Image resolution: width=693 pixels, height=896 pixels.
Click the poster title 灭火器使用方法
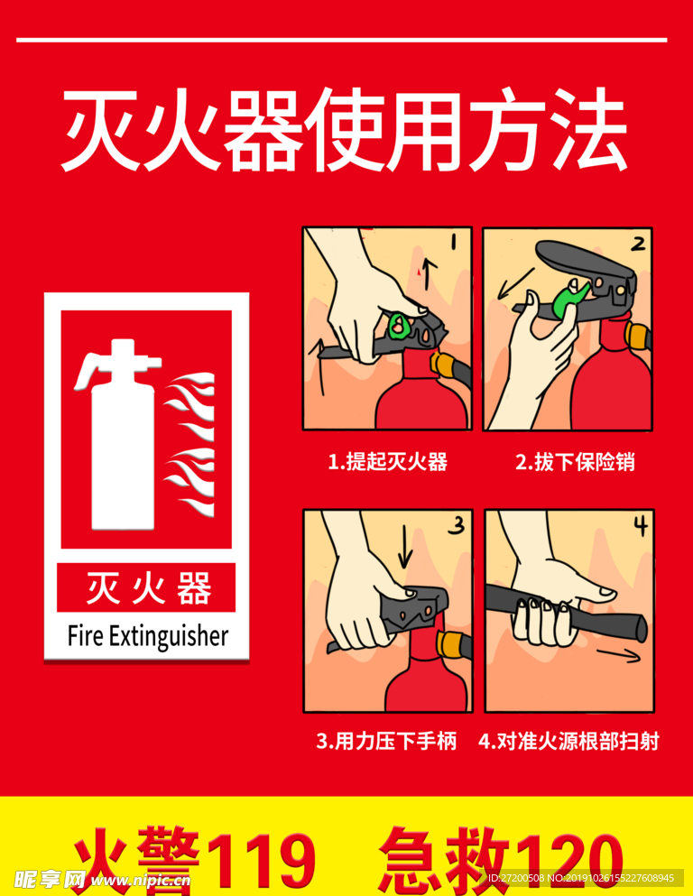[345, 130]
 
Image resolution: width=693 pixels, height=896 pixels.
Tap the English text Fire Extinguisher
[148, 636]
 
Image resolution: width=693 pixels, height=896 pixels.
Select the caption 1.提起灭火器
[387, 461]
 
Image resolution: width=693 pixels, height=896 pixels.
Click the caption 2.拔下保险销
[575, 461]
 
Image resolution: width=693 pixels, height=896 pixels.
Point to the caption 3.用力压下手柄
[387, 741]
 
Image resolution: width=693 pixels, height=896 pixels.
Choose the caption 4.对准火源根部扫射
[568, 741]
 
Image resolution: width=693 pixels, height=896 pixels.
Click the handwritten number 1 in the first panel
[454, 243]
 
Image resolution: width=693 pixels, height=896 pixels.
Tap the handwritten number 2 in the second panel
[638, 244]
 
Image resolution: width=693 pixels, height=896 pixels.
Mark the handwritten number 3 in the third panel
[457, 525]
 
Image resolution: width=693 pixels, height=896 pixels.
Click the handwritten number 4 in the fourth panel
[641, 525]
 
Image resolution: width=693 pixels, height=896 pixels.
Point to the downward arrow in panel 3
[405, 546]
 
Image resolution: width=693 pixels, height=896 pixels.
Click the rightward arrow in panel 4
[619, 655]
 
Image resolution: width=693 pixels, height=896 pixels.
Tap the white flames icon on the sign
[189, 445]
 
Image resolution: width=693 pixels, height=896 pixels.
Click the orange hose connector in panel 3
[448, 644]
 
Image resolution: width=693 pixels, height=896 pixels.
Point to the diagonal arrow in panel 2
[516, 284]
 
